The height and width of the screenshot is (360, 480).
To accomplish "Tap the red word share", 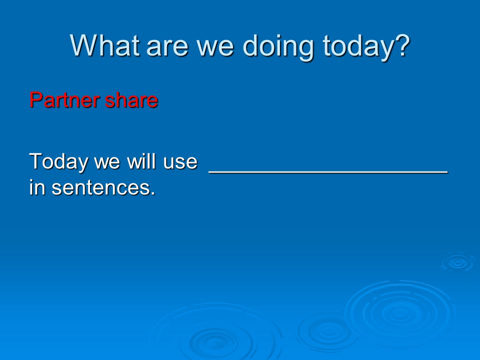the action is (x=131, y=100).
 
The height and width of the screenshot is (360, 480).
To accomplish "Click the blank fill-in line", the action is (x=328, y=172).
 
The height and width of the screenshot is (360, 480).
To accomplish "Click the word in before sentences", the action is (x=37, y=187).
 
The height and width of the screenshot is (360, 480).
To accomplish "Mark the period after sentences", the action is (x=153, y=194).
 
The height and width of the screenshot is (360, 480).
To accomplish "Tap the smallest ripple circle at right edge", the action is (x=458, y=262).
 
